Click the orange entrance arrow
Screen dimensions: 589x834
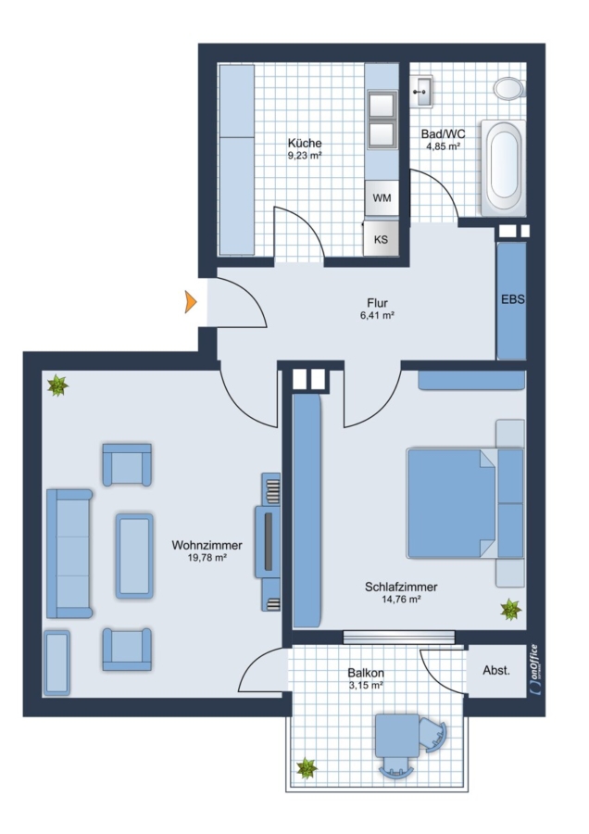tap(190, 302)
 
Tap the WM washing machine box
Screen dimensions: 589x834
tap(382, 198)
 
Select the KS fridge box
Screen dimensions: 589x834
tap(381, 239)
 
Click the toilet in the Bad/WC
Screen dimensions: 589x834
tap(508, 88)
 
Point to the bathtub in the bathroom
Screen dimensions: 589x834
tap(503, 168)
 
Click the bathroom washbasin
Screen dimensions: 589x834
tap(421, 92)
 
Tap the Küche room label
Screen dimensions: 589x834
tap(305, 143)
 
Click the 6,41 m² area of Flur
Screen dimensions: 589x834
tap(377, 315)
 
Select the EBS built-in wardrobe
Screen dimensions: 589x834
tap(511, 301)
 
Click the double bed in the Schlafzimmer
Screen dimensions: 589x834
tap(465, 504)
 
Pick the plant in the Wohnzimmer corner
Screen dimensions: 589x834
tap(57, 385)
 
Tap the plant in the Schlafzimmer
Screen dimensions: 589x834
tap(511, 609)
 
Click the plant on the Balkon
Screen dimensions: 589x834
tap(307, 768)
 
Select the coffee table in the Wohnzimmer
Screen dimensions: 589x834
tap(134, 556)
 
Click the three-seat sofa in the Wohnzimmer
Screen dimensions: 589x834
tap(69, 554)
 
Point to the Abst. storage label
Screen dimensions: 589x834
tap(496, 671)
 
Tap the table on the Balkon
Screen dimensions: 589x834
tap(397, 736)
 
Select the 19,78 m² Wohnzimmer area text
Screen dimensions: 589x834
tap(207, 558)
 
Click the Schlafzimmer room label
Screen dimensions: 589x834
tap(401, 588)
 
